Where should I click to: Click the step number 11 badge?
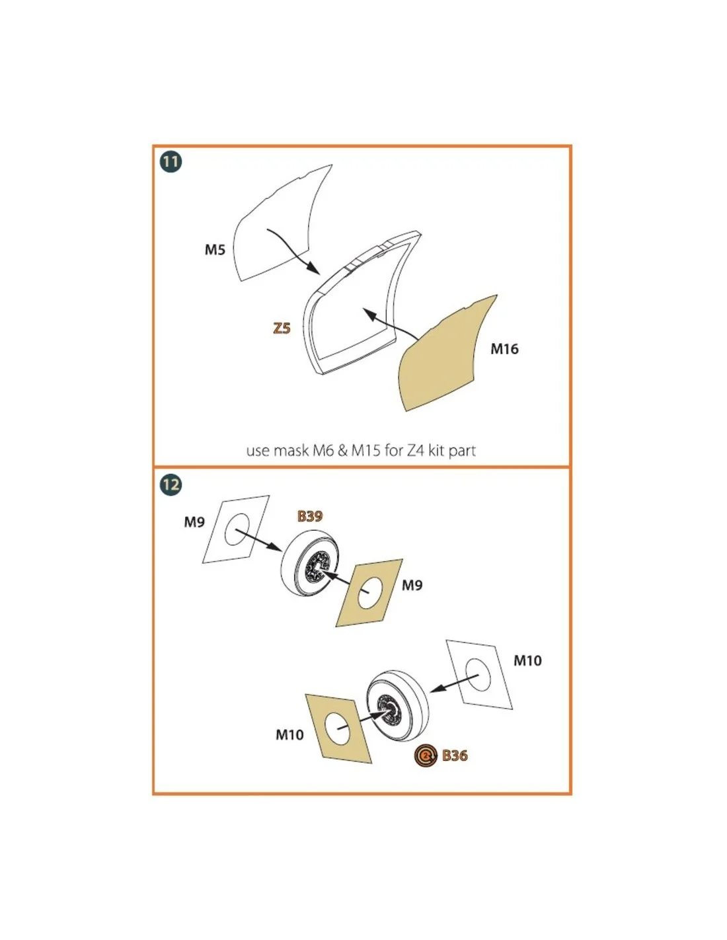click(x=171, y=162)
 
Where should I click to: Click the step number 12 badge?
click(x=171, y=484)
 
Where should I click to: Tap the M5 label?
click(x=215, y=250)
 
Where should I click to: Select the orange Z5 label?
click(x=282, y=329)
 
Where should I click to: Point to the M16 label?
click(x=504, y=348)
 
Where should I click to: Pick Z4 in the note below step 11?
click(x=415, y=451)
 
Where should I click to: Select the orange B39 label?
click(x=310, y=516)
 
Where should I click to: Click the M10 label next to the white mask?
click(x=527, y=660)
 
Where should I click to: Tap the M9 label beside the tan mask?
click(x=412, y=585)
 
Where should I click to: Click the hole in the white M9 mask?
click(x=237, y=529)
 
